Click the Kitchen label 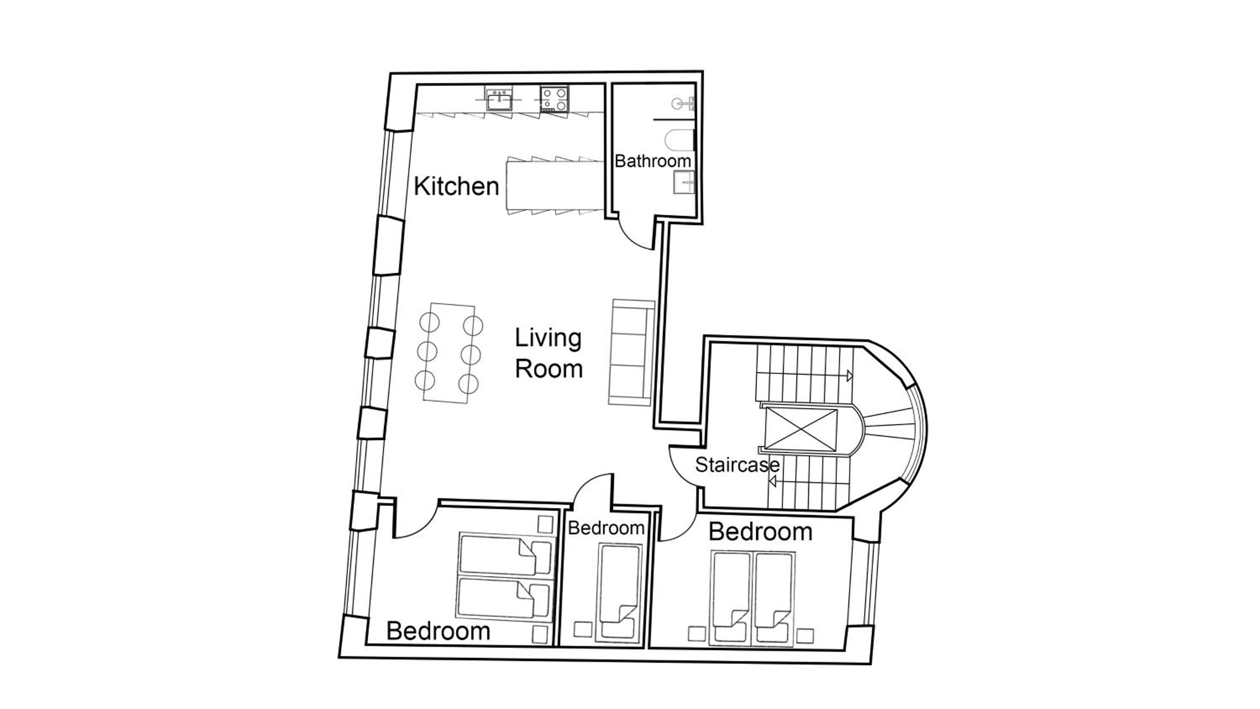tap(457, 186)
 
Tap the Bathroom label tap(653, 161)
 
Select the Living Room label tap(549, 353)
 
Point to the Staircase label tap(737, 465)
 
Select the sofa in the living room tap(631, 353)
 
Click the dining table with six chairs tap(449, 353)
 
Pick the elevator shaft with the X tap(800, 428)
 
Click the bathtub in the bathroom tap(680, 140)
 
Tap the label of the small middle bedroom tap(606, 528)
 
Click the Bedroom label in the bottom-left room tap(438, 631)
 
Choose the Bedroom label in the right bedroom tap(760, 532)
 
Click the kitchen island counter tap(555, 186)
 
